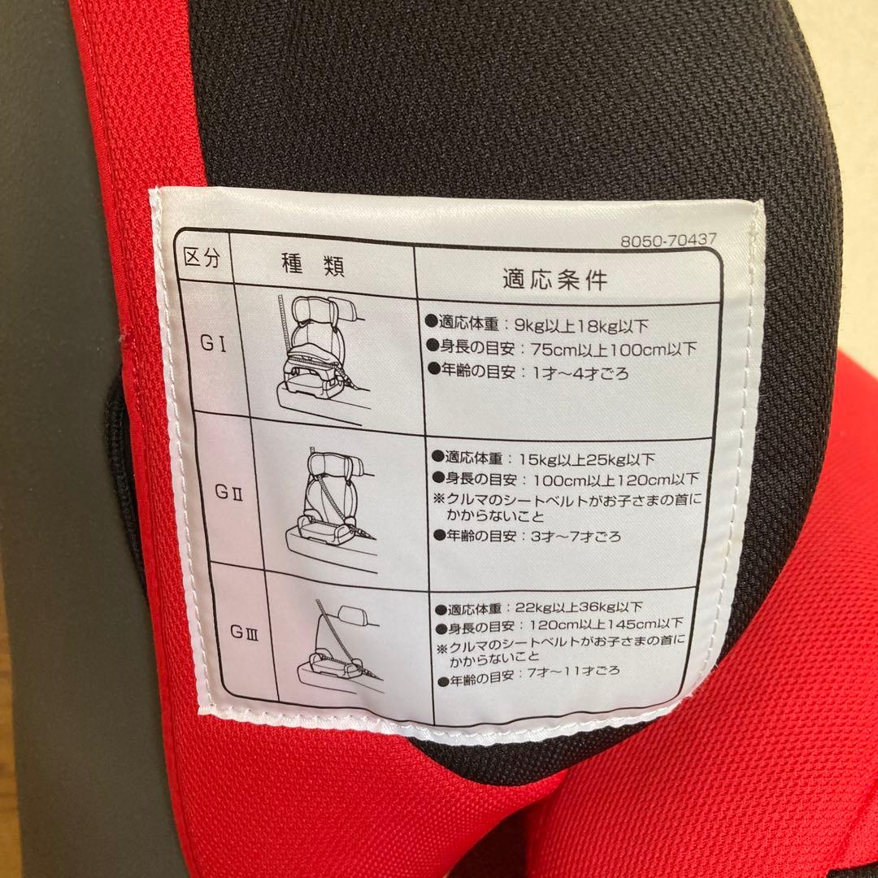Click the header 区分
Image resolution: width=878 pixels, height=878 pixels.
tap(202, 260)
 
